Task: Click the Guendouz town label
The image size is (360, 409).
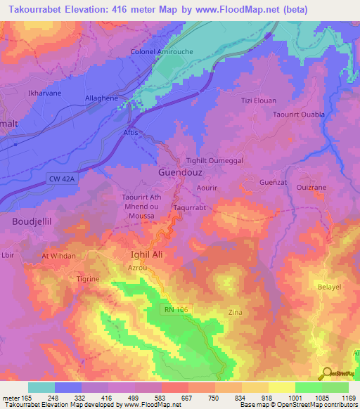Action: click(179, 171)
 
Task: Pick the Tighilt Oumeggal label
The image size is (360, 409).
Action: click(214, 161)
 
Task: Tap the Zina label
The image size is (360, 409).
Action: click(236, 311)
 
